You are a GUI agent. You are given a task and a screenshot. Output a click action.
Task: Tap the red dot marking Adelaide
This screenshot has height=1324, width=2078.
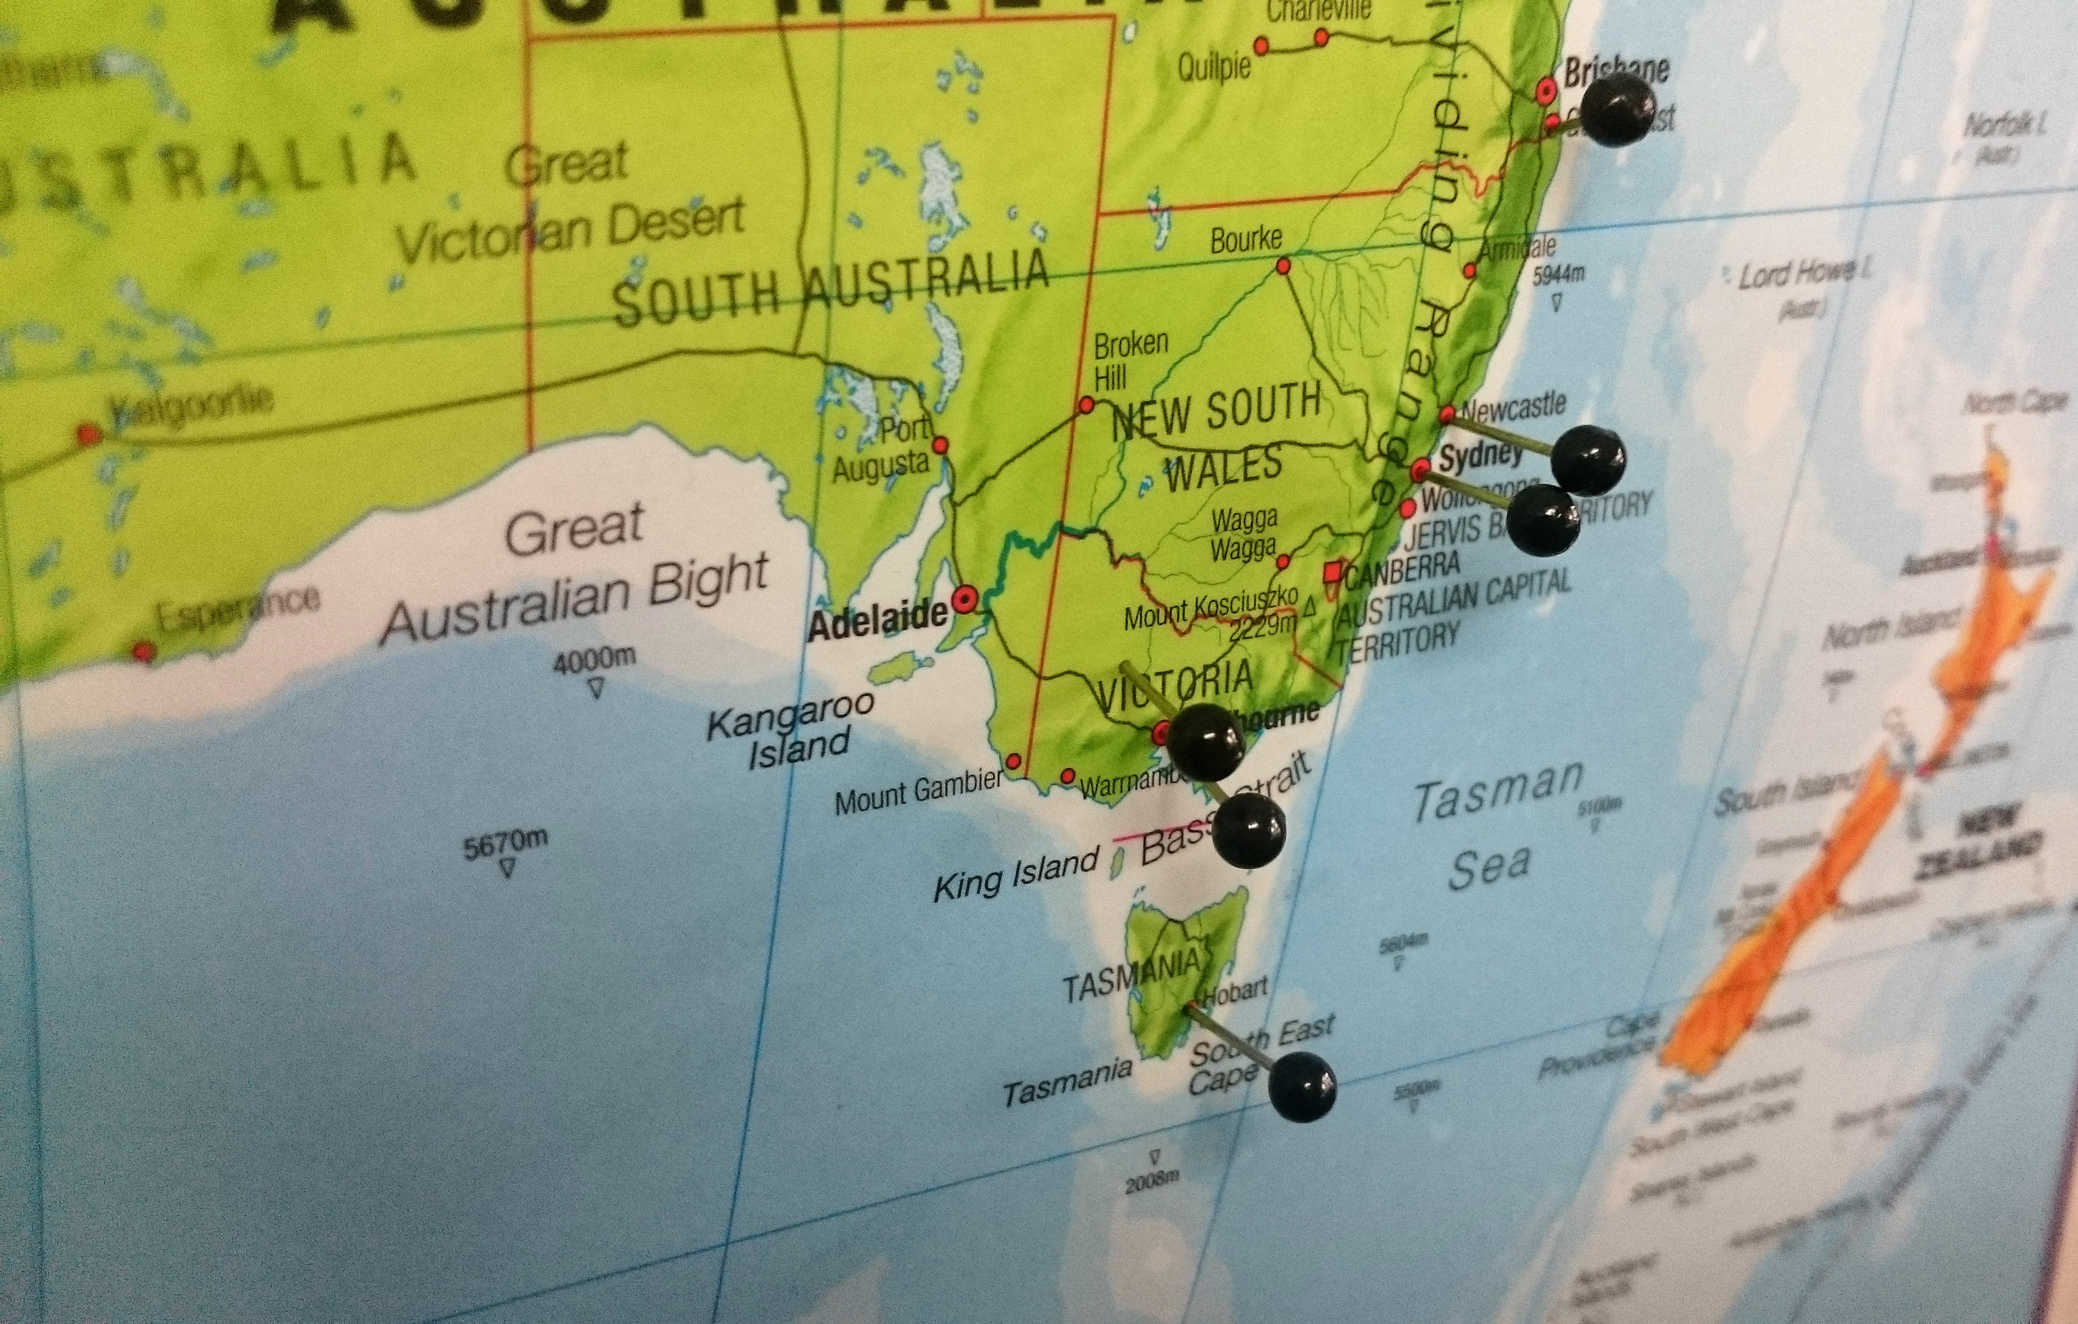pyautogui.click(x=964, y=597)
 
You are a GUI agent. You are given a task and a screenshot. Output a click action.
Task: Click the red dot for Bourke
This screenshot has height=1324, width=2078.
pyautogui.click(x=1283, y=266)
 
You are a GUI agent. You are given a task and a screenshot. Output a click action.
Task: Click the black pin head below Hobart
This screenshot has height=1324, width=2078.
pyautogui.click(x=1302, y=1086)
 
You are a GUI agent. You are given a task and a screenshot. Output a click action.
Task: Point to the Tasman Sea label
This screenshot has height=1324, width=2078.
pyautogui.click(x=1493, y=825)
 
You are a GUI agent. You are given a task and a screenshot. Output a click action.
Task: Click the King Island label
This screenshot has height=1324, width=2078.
pyautogui.click(x=1016, y=874)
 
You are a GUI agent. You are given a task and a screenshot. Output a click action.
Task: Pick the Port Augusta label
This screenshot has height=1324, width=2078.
pyautogui.click(x=885, y=448)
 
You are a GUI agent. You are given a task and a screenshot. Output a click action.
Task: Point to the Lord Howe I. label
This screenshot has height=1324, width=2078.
pyautogui.click(x=1799, y=277)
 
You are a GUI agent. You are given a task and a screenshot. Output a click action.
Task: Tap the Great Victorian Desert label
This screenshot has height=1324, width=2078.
pyautogui.click(x=569, y=207)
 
